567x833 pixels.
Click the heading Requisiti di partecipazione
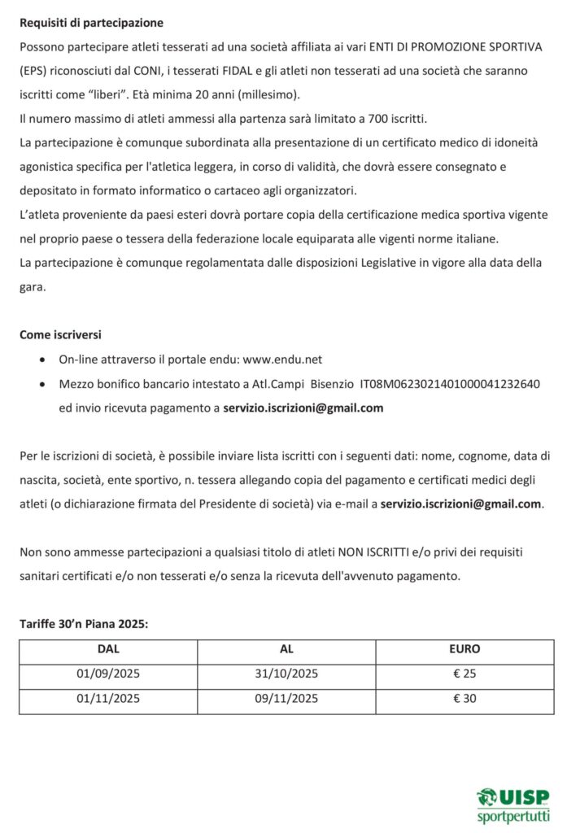coord(91,23)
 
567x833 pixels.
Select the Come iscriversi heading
coord(61,334)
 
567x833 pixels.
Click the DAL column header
coord(108,650)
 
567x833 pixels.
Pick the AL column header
coord(286,650)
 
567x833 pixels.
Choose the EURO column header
coord(465,650)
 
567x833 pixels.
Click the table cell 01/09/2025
coord(108,674)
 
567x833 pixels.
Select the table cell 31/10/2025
coord(286,674)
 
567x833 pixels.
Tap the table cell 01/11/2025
coord(108,699)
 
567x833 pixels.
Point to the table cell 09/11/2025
coord(286,699)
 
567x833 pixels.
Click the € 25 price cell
coord(465,674)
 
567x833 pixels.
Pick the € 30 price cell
coord(465,699)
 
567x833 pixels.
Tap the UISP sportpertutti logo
coord(513,805)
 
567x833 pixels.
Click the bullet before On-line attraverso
coord(43,360)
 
